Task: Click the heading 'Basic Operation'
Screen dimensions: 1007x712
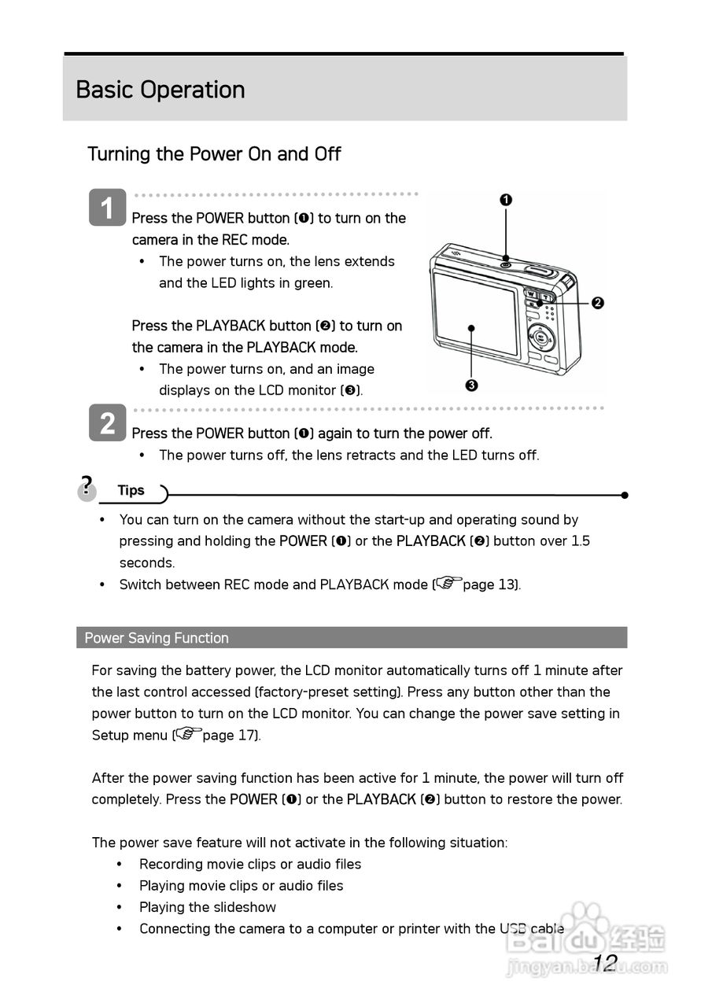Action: pyautogui.click(x=160, y=90)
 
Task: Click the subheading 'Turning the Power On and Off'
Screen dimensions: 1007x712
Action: pyautogui.click(x=214, y=153)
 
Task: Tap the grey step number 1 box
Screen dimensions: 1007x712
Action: pyautogui.click(x=107, y=208)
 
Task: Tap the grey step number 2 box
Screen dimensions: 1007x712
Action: pyautogui.click(x=107, y=423)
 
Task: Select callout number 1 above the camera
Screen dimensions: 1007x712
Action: pyautogui.click(x=506, y=200)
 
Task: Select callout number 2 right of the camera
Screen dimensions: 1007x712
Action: pyautogui.click(x=597, y=303)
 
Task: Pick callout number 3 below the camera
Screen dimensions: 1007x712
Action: pyautogui.click(x=471, y=385)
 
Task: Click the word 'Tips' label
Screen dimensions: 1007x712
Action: pyautogui.click(x=131, y=490)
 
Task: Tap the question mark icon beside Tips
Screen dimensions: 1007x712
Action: pyautogui.click(x=87, y=486)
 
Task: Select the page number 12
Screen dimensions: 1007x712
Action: pyautogui.click(x=604, y=962)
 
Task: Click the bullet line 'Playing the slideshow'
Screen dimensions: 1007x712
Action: pyautogui.click(x=208, y=907)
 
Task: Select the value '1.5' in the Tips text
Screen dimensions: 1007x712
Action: pyautogui.click(x=580, y=541)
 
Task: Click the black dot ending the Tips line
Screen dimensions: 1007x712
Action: pyautogui.click(x=624, y=495)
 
